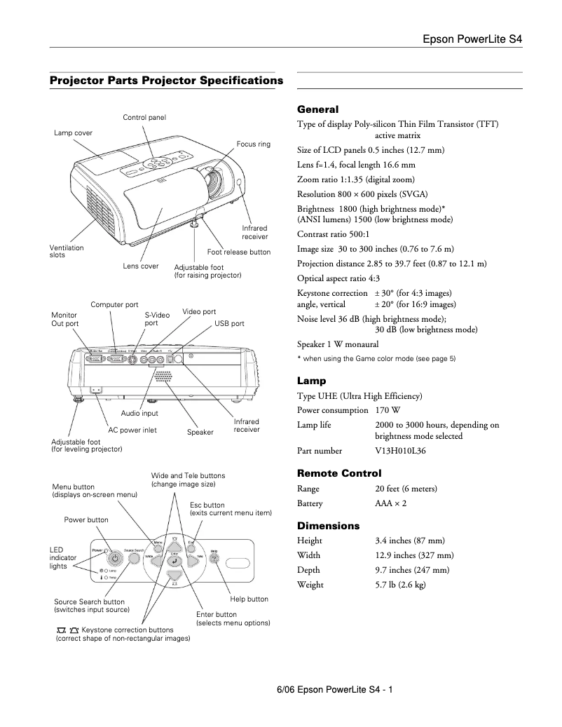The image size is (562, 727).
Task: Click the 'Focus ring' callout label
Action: [253, 144]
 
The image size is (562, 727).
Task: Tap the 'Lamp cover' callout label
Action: [73, 133]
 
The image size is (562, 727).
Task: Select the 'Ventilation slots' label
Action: [67, 251]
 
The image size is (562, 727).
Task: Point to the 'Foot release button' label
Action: [238, 252]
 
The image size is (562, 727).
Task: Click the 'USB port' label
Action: [229, 324]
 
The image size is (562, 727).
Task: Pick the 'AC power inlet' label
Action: [132, 430]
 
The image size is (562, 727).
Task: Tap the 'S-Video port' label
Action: [157, 319]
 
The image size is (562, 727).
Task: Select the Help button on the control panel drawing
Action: [214, 559]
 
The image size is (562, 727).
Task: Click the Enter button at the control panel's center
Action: [174, 561]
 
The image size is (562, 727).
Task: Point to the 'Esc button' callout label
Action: [207, 505]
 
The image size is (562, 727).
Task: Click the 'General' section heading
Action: [317, 109]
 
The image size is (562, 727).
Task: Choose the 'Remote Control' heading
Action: [339, 473]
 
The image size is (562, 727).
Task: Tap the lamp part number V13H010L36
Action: [400, 451]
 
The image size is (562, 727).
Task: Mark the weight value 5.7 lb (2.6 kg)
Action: [400, 585]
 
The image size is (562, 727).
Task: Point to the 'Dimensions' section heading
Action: [328, 525]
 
